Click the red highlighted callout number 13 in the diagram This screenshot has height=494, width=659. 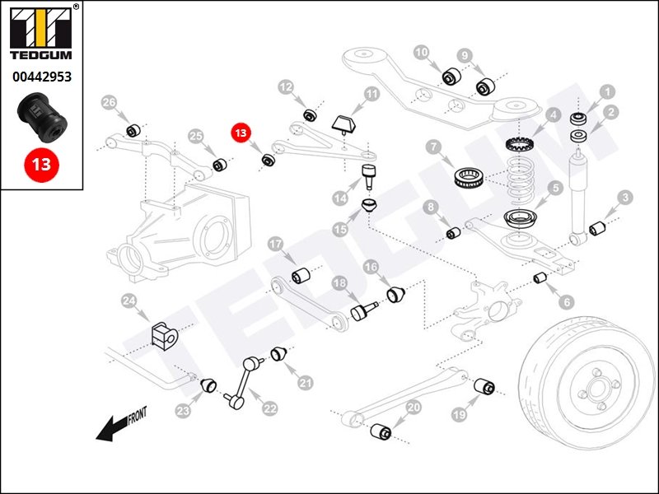[x=241, y=133]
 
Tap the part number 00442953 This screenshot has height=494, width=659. [x=40, y=77]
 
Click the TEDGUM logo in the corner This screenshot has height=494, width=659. [x=40, y=33]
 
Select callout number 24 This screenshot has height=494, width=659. [x=129, y=302]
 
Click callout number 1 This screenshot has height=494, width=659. [x=607, y=92]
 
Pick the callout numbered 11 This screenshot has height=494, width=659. [x=372, y=95]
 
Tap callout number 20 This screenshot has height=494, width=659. [x=414, y=407]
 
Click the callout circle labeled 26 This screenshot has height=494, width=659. [x=109, y=102]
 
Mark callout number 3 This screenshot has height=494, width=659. [x=626, y=197]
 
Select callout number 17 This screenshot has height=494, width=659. [x=276, y=245]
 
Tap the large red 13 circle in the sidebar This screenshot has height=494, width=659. [x=40, y=163]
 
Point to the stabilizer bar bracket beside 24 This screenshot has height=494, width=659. [x=163, y=333]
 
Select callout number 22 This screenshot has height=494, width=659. [x=270, y=408]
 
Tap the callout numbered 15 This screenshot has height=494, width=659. [x=340, y=227]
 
